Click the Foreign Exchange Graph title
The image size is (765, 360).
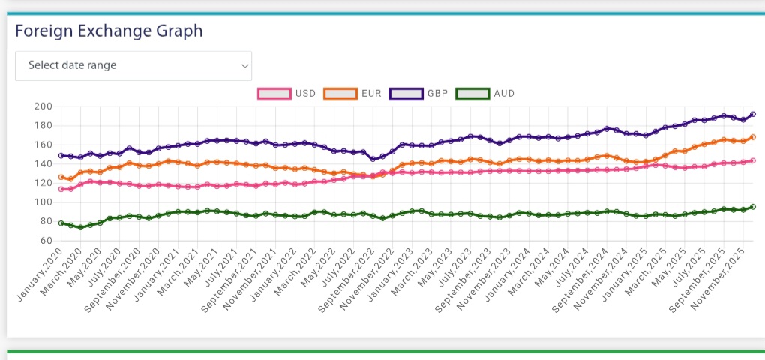tap(109, 31)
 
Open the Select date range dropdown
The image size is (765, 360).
tap(133, 65)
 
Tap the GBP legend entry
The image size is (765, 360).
tap(419, 94)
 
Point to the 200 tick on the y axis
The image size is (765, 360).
tap(42, 106)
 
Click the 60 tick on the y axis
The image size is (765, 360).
tap(45, 241)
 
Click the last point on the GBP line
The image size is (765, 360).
tap(752, 115)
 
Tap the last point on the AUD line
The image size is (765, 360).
tap(752, 207)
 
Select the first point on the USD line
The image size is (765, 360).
tap(61, 189)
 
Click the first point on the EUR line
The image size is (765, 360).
tap(61, 178)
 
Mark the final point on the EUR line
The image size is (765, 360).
tap(752, 137)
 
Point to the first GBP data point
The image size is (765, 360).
tap(61, 156)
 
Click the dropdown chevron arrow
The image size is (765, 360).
tap(244, 66)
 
